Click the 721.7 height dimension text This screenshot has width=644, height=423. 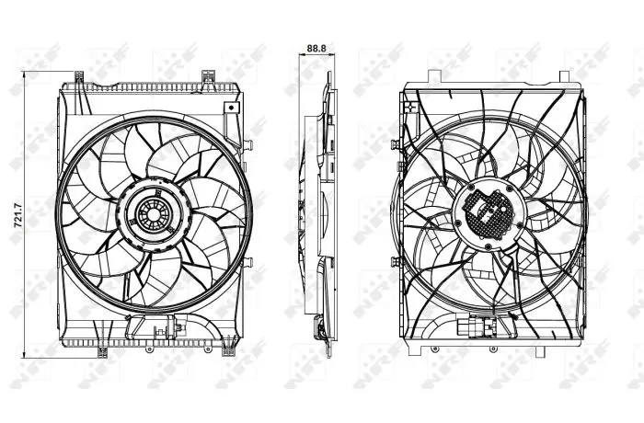18,214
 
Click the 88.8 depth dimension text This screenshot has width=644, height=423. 316,48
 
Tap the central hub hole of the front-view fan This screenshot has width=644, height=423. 154,214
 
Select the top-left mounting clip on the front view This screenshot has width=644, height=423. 79,77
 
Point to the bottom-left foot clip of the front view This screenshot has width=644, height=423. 102,352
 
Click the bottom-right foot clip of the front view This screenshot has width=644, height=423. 228,350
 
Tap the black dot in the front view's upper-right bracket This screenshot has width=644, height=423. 232,108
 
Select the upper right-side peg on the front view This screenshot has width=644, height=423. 247,144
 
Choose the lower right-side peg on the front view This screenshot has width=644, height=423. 248,262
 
